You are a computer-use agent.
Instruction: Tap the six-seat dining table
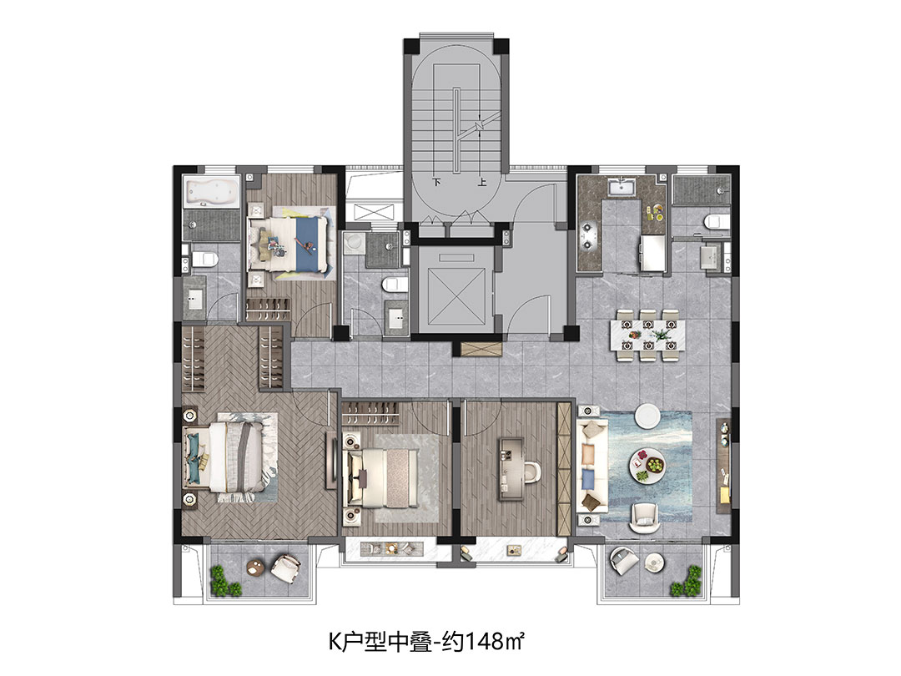(648, 335)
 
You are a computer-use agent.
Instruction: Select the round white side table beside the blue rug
(647, 416)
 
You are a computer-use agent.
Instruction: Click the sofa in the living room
(591, 466)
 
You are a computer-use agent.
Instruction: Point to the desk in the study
(511, 468)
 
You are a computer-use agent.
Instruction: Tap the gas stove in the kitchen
(588, 235)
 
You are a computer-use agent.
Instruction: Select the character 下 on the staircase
(436, 182)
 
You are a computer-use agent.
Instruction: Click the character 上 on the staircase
(481, 182)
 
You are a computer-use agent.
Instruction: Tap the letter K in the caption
(335, 642)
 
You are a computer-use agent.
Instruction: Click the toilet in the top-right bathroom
(716, 220)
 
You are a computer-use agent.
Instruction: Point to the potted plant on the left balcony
(224, 581)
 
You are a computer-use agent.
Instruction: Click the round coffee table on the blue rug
(647, 464)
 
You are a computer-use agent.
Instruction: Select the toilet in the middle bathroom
(395, 284)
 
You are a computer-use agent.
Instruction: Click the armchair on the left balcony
(285, 568)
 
